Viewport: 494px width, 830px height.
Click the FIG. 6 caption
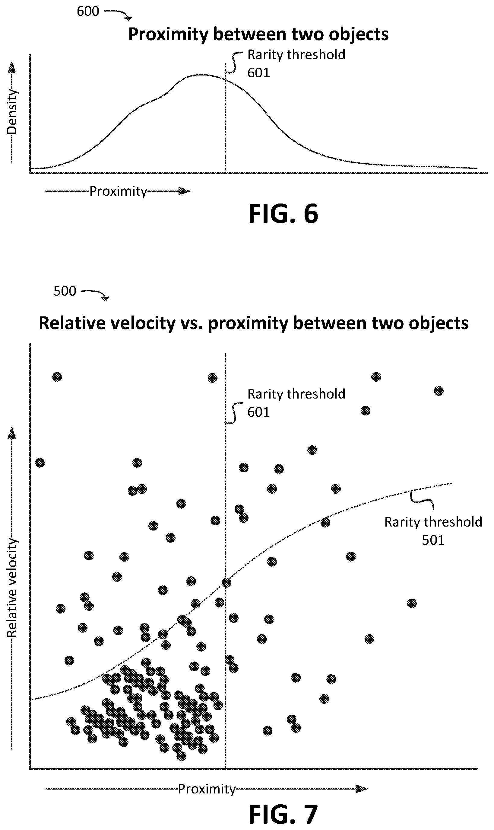pyautogui.click(x=283, y=213)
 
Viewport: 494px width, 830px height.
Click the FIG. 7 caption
pyautogui.click(x=283, y=814)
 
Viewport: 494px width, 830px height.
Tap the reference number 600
pyautogui.click(x=88, y=11)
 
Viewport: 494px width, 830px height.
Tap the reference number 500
pyautogui.click(x=65, y=291)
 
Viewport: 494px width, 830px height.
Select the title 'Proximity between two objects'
pyautogui.click(x=258, y=34)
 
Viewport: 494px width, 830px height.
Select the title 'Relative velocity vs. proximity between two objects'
pyautogui.click(x=254, y=323)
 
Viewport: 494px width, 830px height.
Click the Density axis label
pyautogui.click(x=12, y=112)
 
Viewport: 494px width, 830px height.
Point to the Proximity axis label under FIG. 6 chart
pyautogui.click(x=118, y=191)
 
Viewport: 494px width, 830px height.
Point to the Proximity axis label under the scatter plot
pyautogui.click(x=207, y=789)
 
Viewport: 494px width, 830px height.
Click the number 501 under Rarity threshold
pyautogui.click(x=433, y=540)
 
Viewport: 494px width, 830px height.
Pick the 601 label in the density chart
pyautogui.click(x=258, y=73)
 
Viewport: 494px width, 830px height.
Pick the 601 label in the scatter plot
pyautogui.click(x=258, y=412)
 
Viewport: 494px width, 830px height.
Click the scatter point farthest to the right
pyautogui.click(x=439, y=391)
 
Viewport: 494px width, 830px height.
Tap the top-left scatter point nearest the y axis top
pyautogui.click(x=57, y=377)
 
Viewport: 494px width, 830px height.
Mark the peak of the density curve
pyautogui.click(x=201, y=75)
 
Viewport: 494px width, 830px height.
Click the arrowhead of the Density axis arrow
pyautogui.click(x=12, y=67)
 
